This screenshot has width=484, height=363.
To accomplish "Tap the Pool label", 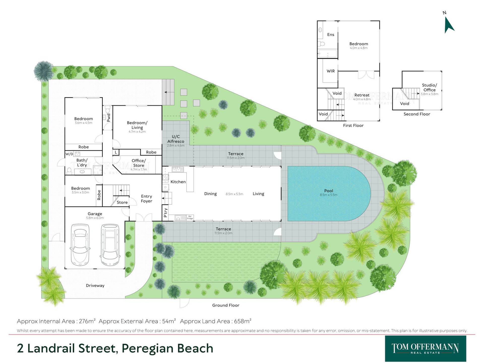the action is click(328, 191).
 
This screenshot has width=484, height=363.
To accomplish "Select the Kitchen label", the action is click(178, 182).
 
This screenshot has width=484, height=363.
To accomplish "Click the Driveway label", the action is click(95, 285).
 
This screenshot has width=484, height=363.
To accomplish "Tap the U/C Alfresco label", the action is click(176, 139).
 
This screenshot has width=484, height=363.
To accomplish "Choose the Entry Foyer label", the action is click(146, 199).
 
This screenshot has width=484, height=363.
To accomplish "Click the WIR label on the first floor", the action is click(330, 71).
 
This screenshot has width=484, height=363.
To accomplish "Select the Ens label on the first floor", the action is click(330, 35).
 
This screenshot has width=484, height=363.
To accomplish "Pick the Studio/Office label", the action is click(429, 87).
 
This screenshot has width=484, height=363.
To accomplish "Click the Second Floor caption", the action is click(417, 114).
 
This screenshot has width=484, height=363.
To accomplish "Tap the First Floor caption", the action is click(353, 125).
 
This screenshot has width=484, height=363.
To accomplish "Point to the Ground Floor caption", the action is click(226, 305).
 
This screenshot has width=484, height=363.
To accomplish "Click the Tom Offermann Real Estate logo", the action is click(426, 349).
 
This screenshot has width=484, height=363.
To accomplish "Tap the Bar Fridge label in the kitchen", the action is click(190, 217).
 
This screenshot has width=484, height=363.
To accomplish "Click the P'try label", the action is click(165, 213).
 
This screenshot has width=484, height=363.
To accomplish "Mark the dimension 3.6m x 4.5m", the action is click(83, 123).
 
